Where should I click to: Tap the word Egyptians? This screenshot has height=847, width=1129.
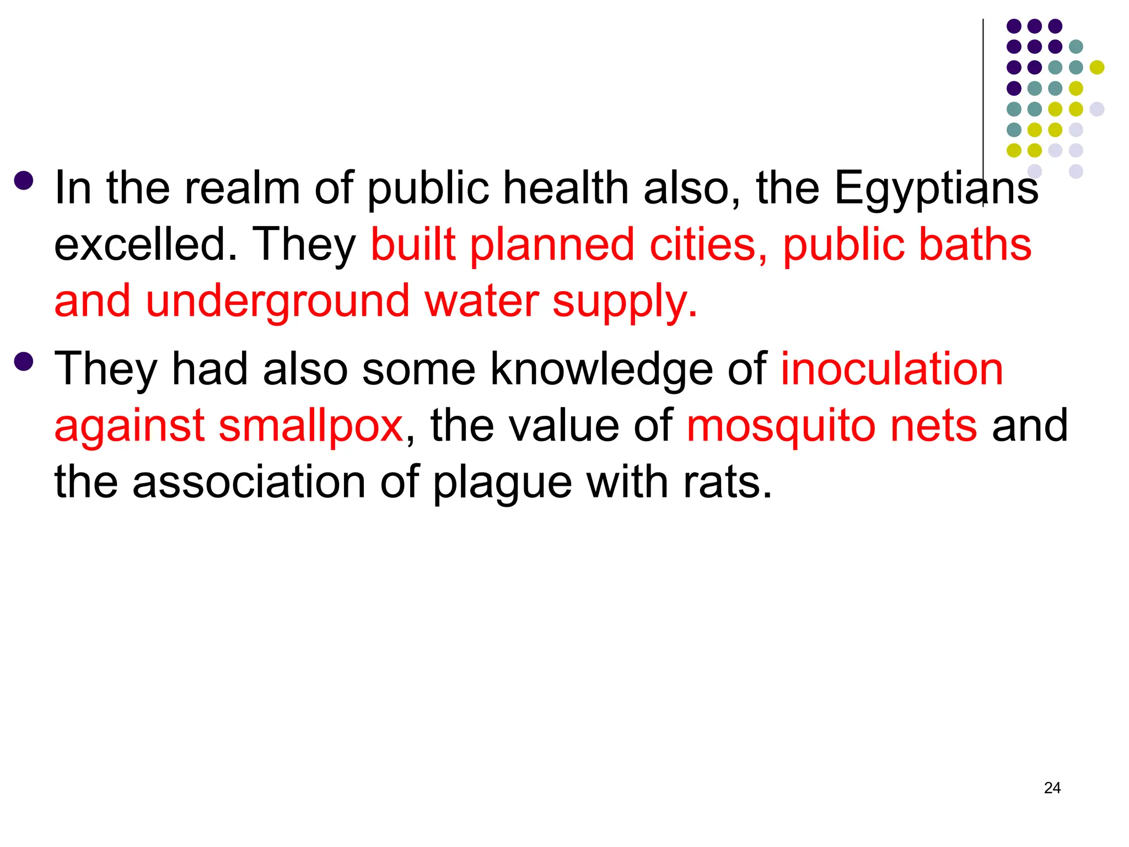pos(936,189)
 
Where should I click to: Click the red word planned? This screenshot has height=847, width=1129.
pos(552,246)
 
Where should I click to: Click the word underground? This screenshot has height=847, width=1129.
pos(277,302)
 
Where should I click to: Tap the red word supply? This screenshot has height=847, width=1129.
pos(625,303)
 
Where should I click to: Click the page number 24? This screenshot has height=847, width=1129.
pos(1052,788)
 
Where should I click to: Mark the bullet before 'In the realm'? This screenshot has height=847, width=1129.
pos(24,180)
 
